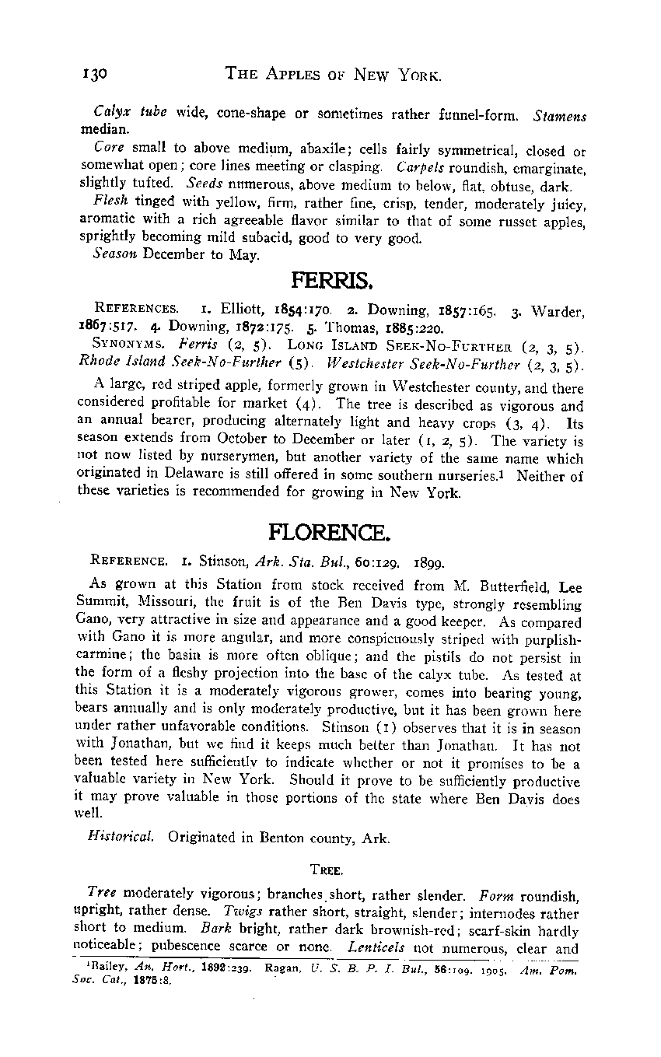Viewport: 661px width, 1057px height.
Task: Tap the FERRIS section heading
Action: click(326, 278)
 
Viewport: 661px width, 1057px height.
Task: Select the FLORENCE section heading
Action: click(330, 532)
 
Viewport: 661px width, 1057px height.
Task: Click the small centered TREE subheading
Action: click(330, 866)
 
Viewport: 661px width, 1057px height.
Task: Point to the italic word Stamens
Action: click(560, 116)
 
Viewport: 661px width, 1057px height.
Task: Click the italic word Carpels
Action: click(420, 167)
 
